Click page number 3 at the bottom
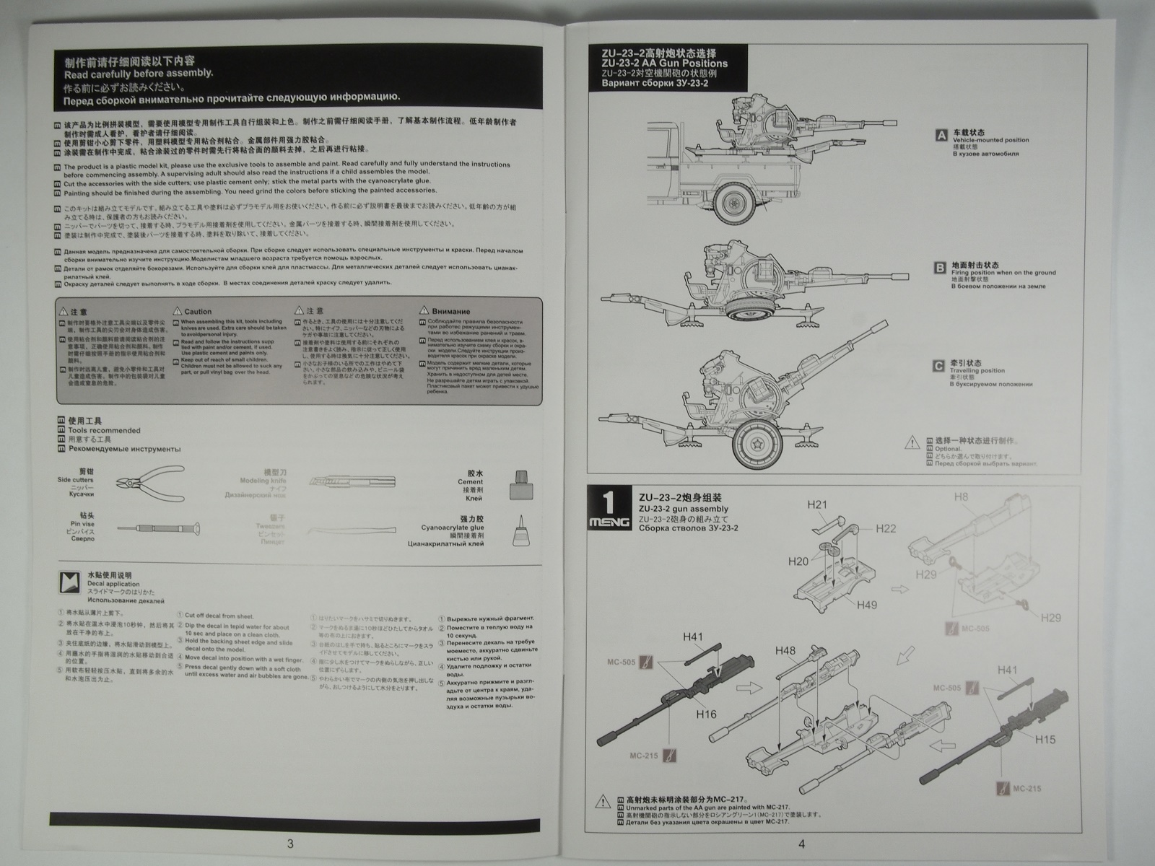[290, 844]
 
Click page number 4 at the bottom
[801, 844]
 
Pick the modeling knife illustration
[350, 481]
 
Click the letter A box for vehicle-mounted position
[941, 135]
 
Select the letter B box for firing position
[940, 268]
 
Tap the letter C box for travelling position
[938, 366]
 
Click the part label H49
[867, 605]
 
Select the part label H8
[962, 497]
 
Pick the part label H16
[707, 714]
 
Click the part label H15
[1045, 739]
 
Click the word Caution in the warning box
[198, 312]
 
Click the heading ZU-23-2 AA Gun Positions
[669, 64]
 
